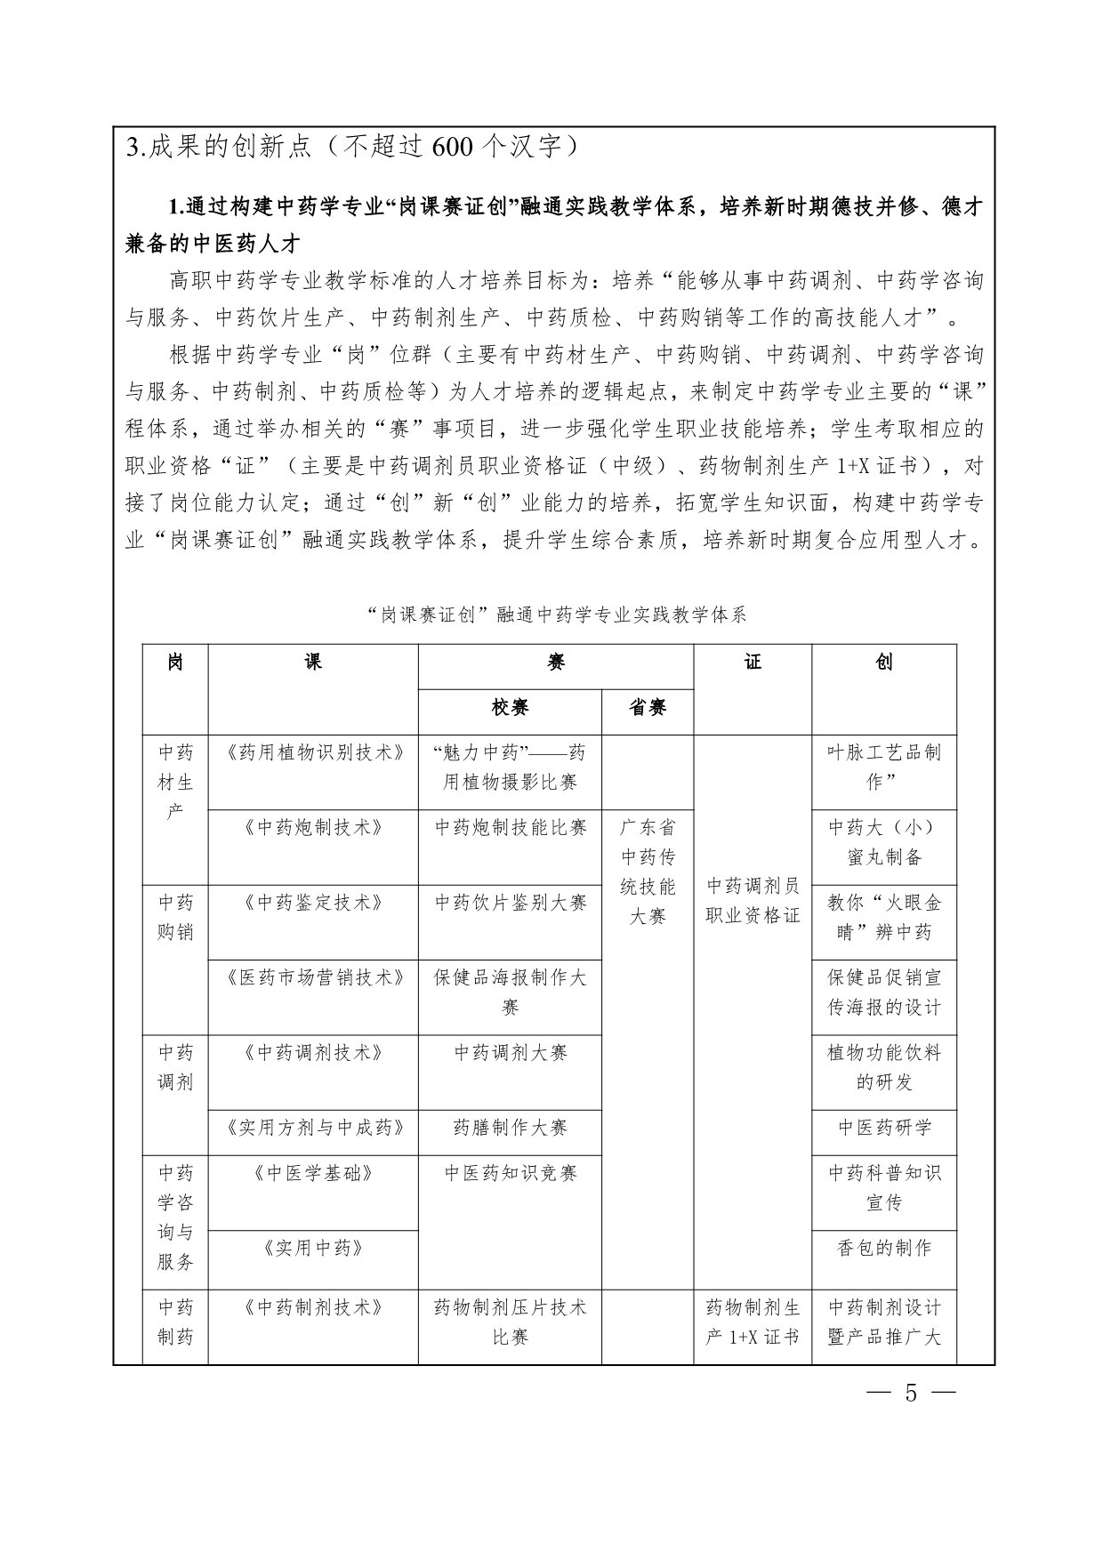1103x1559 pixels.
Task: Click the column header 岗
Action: point(175,662)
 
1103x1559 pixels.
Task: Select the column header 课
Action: point(313,662)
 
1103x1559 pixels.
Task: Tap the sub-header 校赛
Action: point(510,707)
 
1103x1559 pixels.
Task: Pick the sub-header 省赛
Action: point(648,707)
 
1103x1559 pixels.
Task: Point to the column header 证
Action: point(753,662)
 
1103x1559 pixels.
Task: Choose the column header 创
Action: point(884,662)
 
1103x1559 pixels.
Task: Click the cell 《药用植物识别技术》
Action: point(313,752)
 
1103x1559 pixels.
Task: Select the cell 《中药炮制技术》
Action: point(313,827)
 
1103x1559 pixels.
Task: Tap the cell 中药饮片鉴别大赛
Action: point(510,903)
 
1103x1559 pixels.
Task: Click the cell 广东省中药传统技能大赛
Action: point(648,872)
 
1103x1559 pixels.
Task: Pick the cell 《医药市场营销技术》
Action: point(313,977)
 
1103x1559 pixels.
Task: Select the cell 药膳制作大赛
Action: point(510,1128)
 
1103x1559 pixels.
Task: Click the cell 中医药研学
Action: point(884,1128)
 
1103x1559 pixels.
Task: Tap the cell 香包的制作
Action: point(884,1248)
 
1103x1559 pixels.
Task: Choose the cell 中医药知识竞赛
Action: point(510,1173)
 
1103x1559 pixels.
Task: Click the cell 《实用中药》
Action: point(313,1248)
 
